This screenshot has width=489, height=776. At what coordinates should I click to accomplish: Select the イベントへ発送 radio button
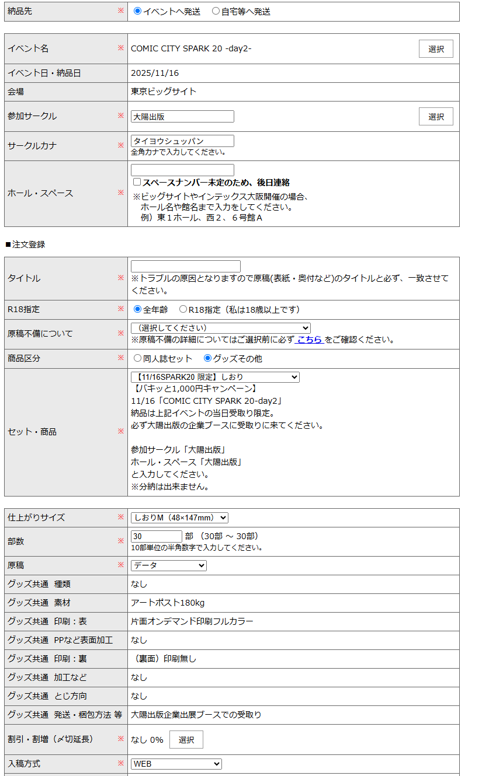coord(138,11)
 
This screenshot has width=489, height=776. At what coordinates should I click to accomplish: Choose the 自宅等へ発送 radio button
coord(216,11)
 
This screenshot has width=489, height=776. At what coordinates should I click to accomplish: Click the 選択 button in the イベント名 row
coord(436,49)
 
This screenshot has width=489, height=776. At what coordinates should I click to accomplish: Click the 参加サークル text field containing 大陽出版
coord(182,117)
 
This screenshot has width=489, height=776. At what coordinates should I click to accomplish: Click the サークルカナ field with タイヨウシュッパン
coord(182,141)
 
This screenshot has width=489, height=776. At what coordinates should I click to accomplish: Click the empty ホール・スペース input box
coord(182,170)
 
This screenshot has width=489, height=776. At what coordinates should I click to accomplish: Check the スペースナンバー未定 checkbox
coord(137,182)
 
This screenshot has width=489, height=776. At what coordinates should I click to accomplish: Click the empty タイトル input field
coord(186,266)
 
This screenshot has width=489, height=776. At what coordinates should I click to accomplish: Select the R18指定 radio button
coord(183,309)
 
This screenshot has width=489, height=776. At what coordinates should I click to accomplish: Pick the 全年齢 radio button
coord(138,309)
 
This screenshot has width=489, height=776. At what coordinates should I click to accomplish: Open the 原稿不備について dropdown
coord(221,328)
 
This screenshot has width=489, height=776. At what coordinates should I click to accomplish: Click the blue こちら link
coord(310,340)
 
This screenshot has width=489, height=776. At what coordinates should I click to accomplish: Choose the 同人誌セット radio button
coord(138,358)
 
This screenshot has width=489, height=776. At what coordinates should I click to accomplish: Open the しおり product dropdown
coord(215,377)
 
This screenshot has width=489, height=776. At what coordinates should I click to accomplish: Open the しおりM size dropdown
coord(179,518)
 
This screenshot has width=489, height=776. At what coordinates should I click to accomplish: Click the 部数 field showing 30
coord(157,536)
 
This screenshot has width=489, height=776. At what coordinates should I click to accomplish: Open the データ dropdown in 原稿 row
coord(169,565)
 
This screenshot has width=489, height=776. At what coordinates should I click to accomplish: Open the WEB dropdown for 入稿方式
coord(176,764)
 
